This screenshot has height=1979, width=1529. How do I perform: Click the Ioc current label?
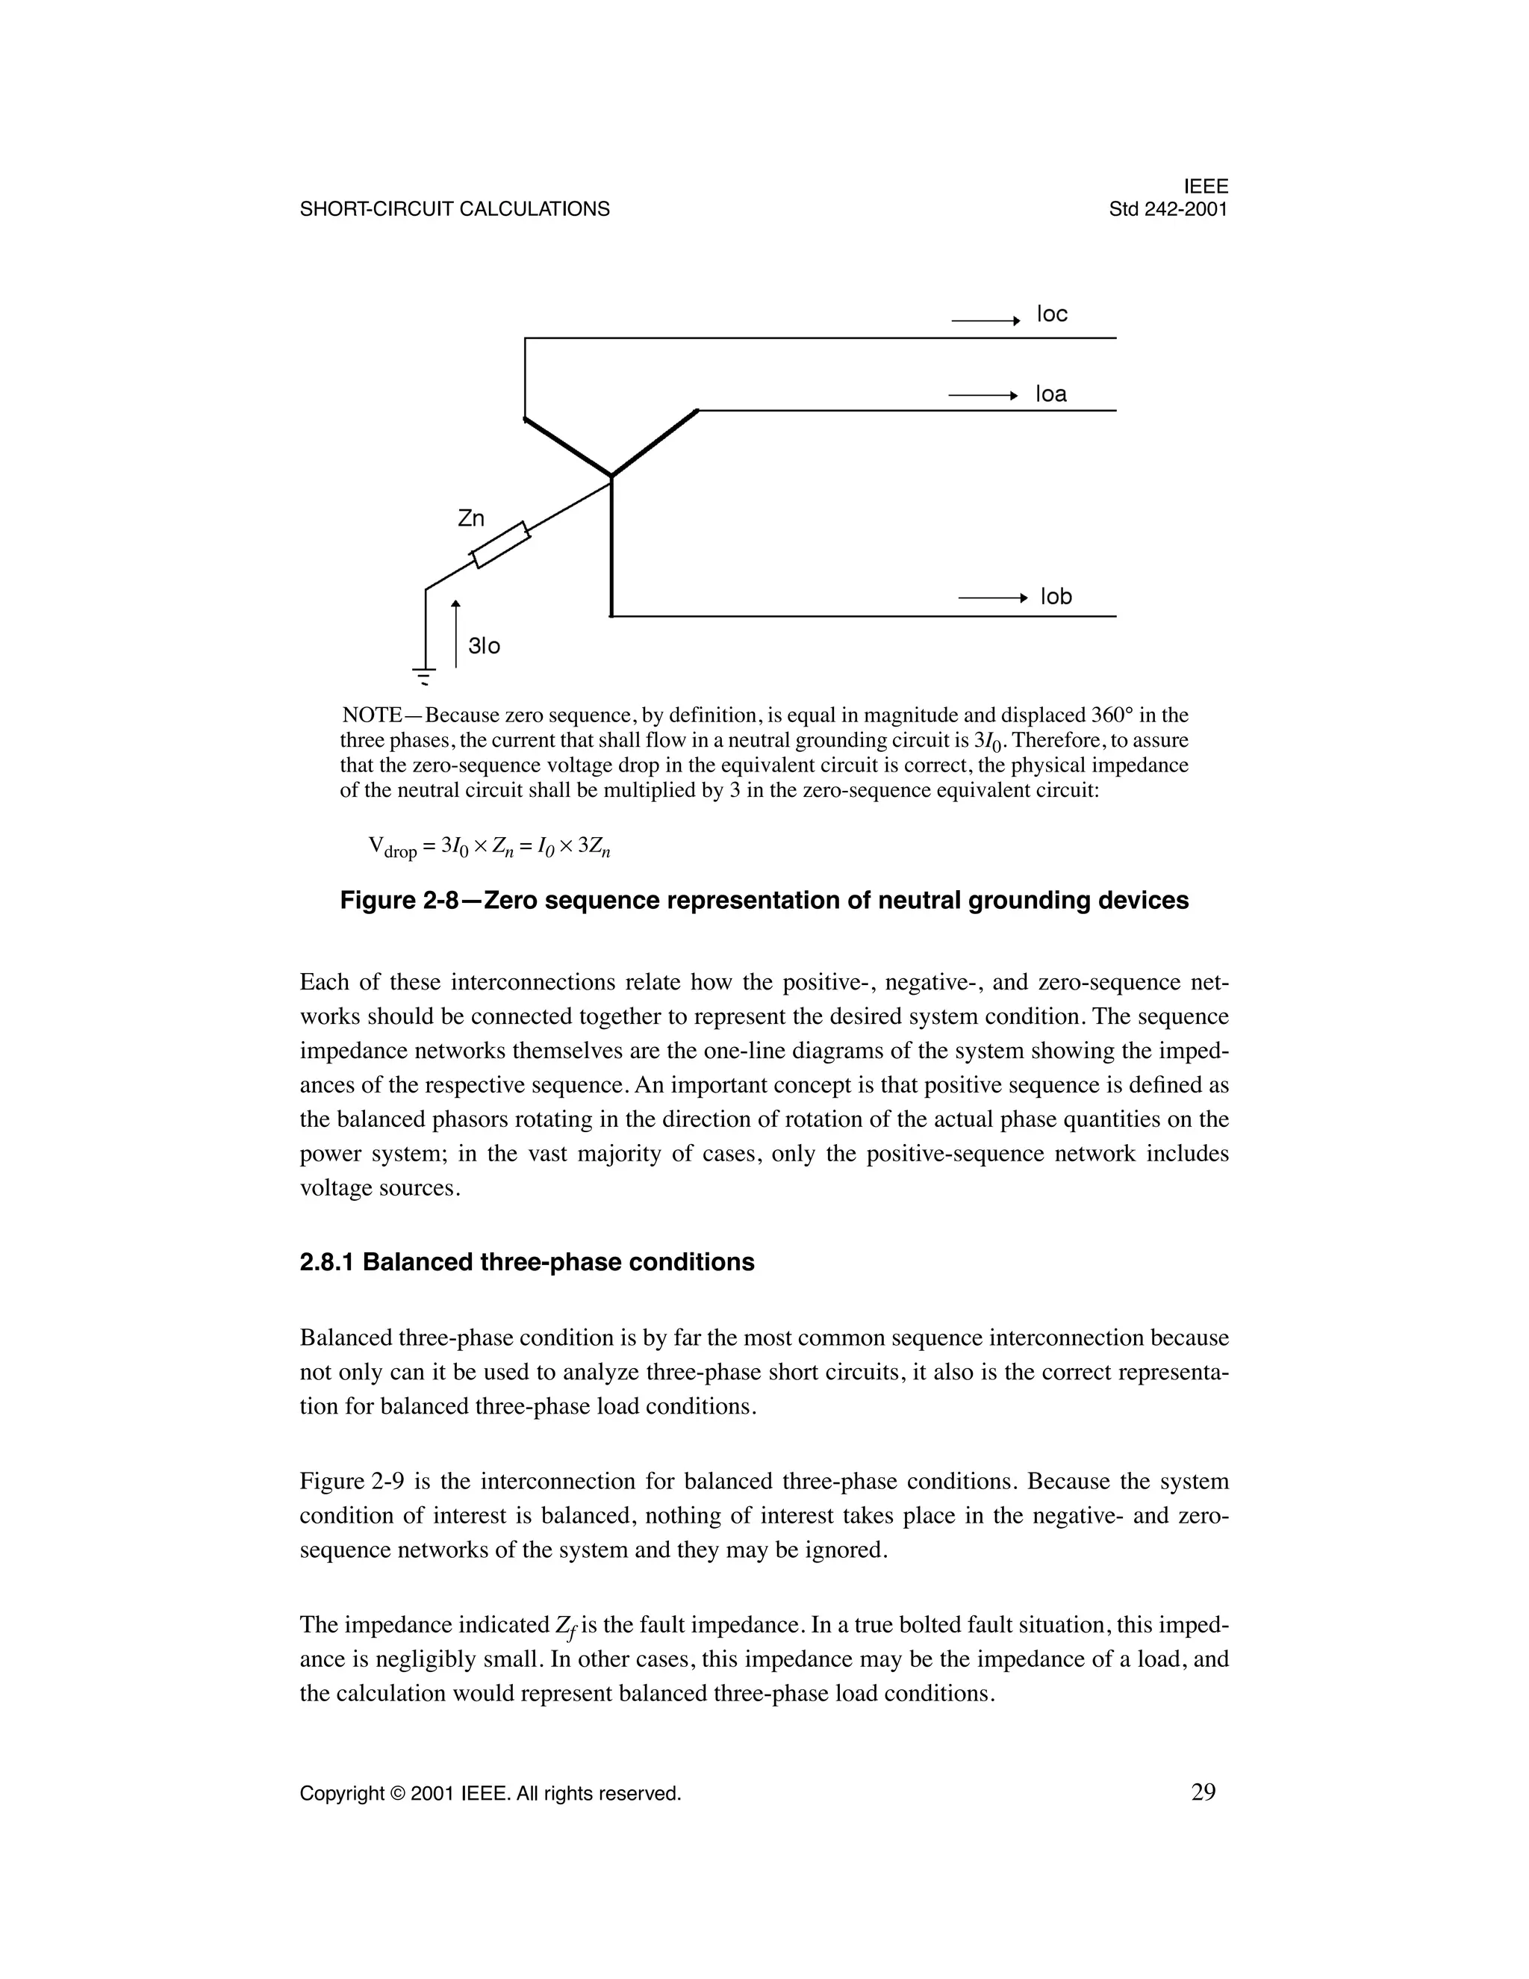pyautogui.click(x=1052, y=314)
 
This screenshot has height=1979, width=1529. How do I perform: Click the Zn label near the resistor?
pyautogui.click(x=471, y=518)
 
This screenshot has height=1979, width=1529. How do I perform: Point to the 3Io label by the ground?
pyautogui.click(x=484, y=646)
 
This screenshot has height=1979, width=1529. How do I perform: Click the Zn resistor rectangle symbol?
pyautogui.click(x=500, y=545)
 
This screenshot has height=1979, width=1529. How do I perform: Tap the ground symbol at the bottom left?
pyautogui.click(x=423, y=674)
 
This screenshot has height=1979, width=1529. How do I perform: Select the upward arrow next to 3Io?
pyautogui.click(x=455, y=633)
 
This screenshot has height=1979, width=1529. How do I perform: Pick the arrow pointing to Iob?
pyautogui.click(x=993, y=598)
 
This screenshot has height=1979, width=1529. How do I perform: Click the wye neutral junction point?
pyautogui.click(x=611, y=476)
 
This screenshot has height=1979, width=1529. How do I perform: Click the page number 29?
pyautogui.click(x=1203, y=1792)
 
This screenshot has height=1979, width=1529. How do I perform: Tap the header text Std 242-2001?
pyautogui.click(x=1168, y=209)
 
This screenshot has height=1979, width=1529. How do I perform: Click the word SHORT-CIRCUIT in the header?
pyautogui.click(x=377, y=209)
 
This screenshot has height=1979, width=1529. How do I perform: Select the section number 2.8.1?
pyautogui.click(x=327, y=1262)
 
